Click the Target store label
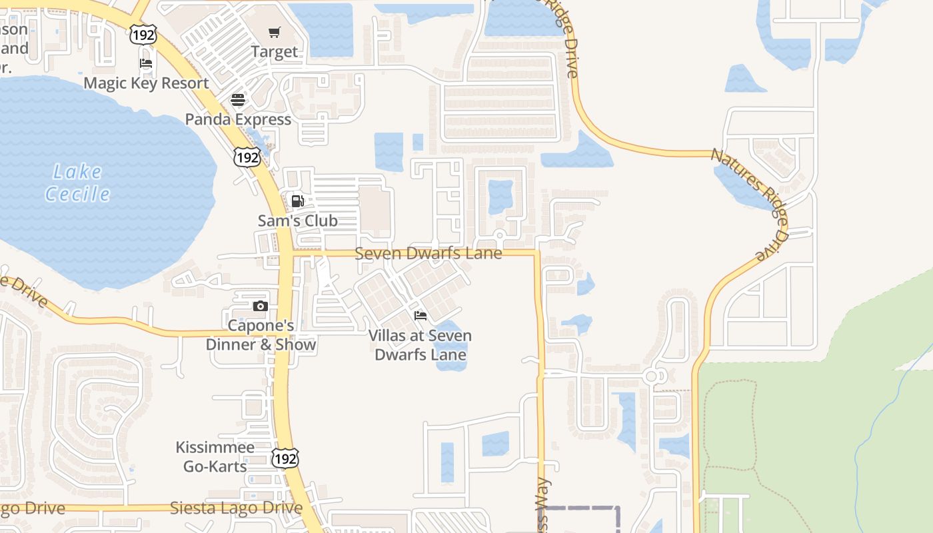pos(274,51)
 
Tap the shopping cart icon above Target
pos(275,33)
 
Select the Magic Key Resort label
pos(146,83)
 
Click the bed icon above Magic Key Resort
pos(146,64)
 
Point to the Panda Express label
pos(238,119)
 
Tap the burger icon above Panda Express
pos(238,100)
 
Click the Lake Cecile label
pos(77,183)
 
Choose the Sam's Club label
pos(297,221)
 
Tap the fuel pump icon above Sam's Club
pos(297,201)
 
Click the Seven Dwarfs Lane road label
pos(428,254)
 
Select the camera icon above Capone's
pos(261,306)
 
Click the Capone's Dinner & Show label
pos(261,335)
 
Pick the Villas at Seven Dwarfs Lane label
pos(420,345)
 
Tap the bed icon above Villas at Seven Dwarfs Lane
pos(420,315)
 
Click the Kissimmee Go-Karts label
pos(215,456)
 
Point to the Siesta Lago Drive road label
pos(236,508)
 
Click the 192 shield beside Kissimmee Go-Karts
pos(285,458)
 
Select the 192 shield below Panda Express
pos(247,158)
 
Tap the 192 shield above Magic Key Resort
pos(143,35)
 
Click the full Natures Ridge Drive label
pos(750,204)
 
